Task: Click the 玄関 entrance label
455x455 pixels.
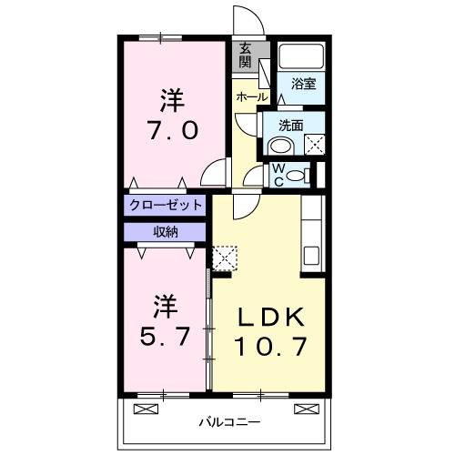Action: [247, 56]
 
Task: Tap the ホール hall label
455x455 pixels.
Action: [251, 96]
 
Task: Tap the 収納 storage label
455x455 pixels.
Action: [165, 231]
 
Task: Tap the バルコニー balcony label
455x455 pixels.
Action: [226, 422]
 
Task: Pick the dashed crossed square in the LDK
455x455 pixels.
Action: [223, 256]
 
